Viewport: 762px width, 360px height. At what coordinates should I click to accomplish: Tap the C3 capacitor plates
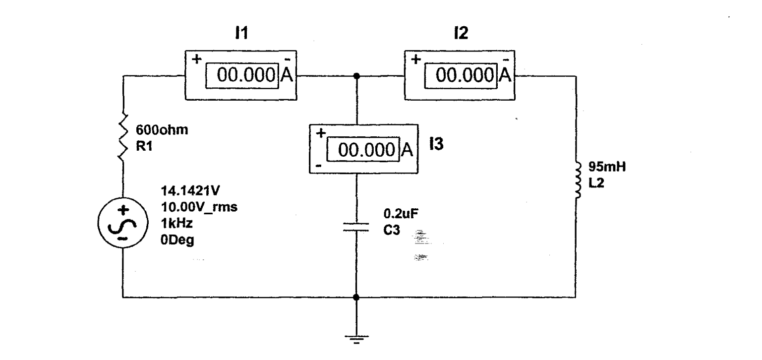pyautogui.click(x=356, y=227)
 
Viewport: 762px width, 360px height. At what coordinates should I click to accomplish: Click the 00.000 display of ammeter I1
pyautogui.click(x=245, y=76)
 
